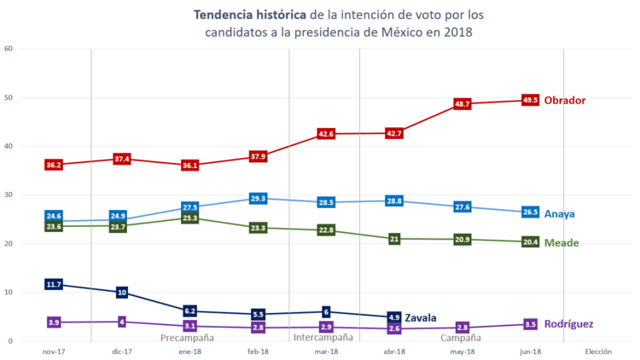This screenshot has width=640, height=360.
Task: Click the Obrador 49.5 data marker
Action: [x=530, y=101]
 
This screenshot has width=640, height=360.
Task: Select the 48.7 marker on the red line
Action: [x=463, y=103]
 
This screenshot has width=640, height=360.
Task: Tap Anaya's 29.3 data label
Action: [x=259, y=198]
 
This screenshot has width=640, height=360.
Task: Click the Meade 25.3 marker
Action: [x=189, y=218]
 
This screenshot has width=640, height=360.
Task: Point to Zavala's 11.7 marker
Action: [x=53, y=284]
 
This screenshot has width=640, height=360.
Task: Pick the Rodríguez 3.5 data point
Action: [x=530, y=324]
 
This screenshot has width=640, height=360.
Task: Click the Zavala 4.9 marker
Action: [x=393, y=317]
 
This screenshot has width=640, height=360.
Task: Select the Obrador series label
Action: [x=565, y=101]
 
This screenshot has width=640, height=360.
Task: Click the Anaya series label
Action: [x=559, y=214]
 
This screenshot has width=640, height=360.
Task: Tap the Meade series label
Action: [x=561, y=243]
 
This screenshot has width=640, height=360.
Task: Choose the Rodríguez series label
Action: [x=567, y=324]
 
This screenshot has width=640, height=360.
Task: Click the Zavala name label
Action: [x=422, y=317]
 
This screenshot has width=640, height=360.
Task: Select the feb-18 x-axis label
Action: [x=259, y=351]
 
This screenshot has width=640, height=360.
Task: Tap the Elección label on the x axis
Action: [x=599, y=351]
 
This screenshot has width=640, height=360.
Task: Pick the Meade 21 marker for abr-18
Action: [x=394, y=239]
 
